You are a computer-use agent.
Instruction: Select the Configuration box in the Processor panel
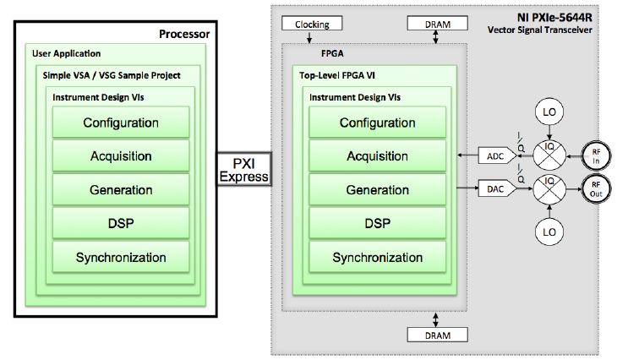(121, 123)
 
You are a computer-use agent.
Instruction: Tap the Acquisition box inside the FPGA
(377, 156)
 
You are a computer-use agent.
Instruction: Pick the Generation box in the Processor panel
(121, 190)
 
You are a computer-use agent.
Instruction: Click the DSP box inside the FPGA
(377, 224)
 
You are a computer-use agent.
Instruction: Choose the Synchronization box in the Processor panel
(121, 258)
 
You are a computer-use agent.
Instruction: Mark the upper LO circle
(550, 113)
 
